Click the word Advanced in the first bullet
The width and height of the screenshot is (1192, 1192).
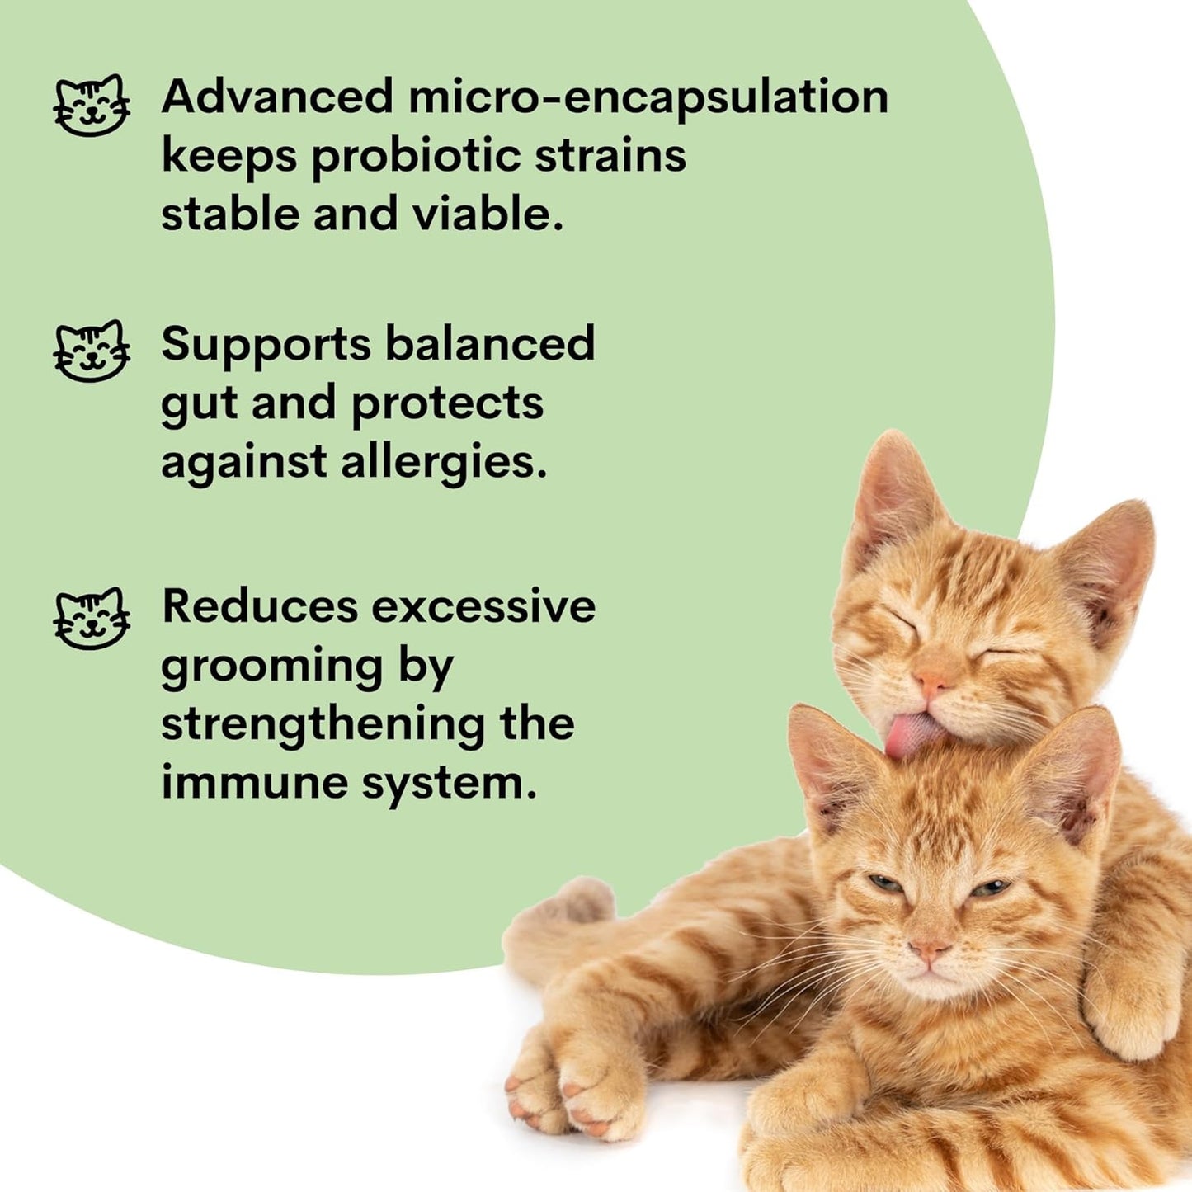click(276, 97)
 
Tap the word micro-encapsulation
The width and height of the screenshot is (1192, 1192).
click(648, 97)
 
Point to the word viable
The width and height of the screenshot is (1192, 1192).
click(488, 214)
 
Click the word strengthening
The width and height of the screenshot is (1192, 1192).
click(323, 724)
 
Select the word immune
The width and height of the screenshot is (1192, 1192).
click(253, 782)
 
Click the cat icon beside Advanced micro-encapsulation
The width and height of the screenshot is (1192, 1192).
click(92, 105)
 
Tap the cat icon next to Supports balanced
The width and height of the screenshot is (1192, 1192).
click(92, 351)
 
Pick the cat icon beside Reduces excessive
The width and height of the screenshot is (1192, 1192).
click(92, 619)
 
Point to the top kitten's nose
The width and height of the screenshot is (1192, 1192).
click(932, 682)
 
